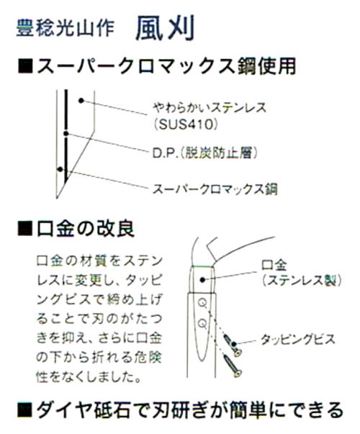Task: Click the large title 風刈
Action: pyautogui.click(x=166, y=28)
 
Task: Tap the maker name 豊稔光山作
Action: pyautogui.click(x=66, y=28)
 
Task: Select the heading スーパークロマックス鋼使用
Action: pyautogui.click(x=166, y=66)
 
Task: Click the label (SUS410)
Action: pyautogui.click(x=186, y=125)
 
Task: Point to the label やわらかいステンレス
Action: pyautogui.click(x=210, y=108)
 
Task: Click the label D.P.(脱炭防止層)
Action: pyautogui.click(x=205, y=153)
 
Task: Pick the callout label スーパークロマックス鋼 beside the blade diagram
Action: pyautogui.click(x=215, y=189)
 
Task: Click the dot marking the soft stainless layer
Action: pyautogui.click(x=81, y=101)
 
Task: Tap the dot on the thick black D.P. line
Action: pyautogui.click(x=66, y=134)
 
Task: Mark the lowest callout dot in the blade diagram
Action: pyautogui.click(x=60, y=169)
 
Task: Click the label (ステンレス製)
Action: pyautogui.click(x=302, y=281)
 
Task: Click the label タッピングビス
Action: pyautogui.click(x=297, y=340)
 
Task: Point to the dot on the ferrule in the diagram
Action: pyautogui.click(x=202, y=280)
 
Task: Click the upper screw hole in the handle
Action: pyautogui.click(x=202, y=303)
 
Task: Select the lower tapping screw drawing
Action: pyautogui.click(x=233, y=366)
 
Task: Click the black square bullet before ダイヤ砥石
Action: pyautogui.click(x=25, y=411)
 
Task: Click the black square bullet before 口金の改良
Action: pyautogui.click(x=25, y=229)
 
